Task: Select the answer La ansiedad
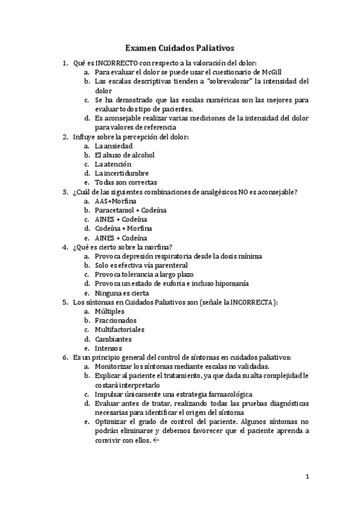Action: [x=114, y=146]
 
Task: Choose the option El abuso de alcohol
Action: [x=124, y=155]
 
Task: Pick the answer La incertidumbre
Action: [x=121, y=173]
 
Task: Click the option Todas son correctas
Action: [x=126, y=182]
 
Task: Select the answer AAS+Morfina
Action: [x=115, y=201]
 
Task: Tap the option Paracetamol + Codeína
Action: [x=130, y=210]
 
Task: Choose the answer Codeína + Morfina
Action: [x=123, y=228]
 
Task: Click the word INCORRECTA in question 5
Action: [x=254, y=302]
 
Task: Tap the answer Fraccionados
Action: [x=115, y=321]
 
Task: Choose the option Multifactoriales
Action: [x=119, y=330]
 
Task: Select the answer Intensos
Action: [x=108, y=348]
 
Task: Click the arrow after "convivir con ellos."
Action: [x=156, y=440]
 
